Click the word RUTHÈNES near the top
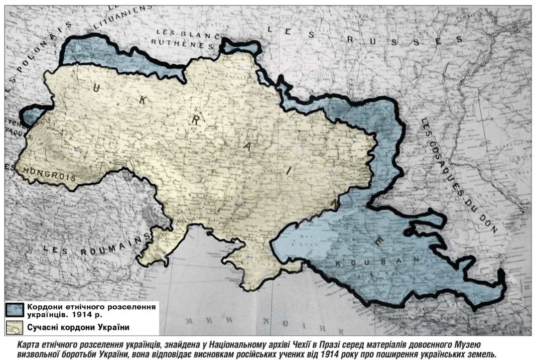pyautogui.click(x=181, y=44)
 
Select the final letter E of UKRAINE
pyautogui.click(x=380, y=242)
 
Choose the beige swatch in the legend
pyautogui.click(x=15, y=327)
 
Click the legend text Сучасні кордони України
pyautogui.click(x=78, y=327)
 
